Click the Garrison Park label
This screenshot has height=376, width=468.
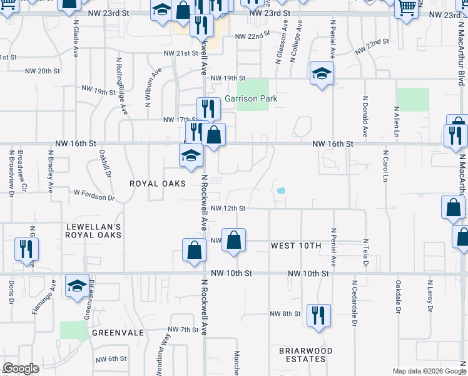tap(251, 98)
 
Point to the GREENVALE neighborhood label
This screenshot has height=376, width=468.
tap(118, 333)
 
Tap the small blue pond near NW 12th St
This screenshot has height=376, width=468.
tap(281, 191)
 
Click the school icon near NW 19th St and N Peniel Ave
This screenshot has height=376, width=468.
tap(321, 74)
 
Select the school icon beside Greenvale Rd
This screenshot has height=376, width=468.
tap(77, 286)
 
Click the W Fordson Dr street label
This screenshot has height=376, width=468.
tap(94, 197)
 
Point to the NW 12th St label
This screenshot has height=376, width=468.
tap(228, 208)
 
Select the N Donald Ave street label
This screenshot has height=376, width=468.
tap(364, 117)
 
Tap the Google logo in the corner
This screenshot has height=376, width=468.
tap(21, 368)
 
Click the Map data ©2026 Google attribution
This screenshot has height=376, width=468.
tap(429, 371)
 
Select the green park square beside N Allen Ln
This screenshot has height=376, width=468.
tap(413, 99)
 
